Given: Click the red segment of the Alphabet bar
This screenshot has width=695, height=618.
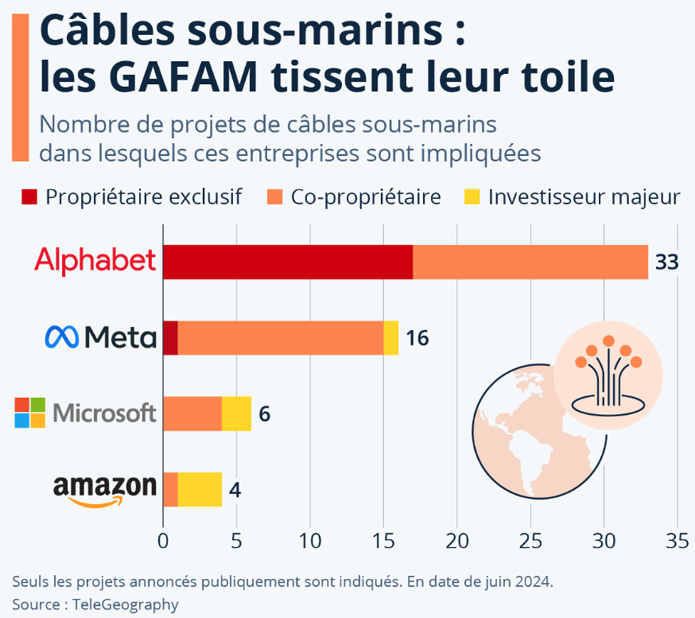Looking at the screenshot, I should [288, 262].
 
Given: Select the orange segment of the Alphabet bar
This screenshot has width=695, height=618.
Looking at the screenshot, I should [530, 262].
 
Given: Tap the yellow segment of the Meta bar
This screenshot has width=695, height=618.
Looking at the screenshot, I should [390, 338].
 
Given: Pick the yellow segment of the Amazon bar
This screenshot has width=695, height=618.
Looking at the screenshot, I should [199, 489].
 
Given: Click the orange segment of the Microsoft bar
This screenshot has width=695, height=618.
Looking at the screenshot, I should [192, 413].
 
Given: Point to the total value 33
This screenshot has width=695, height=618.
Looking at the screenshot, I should [667, 263].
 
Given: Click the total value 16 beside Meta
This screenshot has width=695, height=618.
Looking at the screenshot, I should [417, 338].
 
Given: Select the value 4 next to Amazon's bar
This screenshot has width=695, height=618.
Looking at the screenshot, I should [235, 489].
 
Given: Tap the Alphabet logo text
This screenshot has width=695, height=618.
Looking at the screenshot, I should [95, 261].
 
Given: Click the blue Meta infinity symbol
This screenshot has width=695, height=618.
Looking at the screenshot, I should [62, 337].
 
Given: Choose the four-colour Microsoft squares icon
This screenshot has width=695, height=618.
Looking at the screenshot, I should [31, 413].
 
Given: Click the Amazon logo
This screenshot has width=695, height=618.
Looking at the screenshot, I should [105, 489].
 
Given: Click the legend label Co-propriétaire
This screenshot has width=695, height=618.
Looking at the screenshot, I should [366, 197].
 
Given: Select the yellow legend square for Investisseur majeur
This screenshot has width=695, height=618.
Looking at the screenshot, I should [471, 197].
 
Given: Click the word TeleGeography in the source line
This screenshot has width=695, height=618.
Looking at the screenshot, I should [125, 604].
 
